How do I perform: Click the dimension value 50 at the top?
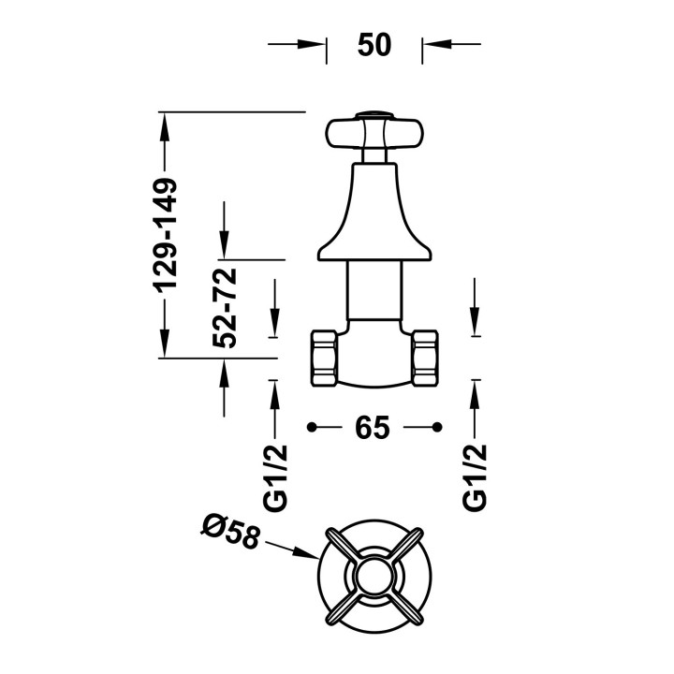coord(374,45)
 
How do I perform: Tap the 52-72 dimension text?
coord(225,308)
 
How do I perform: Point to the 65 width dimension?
coord(373,428)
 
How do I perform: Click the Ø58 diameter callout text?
coord(231,533)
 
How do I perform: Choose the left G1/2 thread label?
coord(275,478)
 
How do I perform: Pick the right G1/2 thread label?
coord(475,477)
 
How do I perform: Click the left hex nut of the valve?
coord(324,358)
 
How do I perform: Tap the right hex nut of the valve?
coord(425,358)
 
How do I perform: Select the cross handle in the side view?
coord(374,133)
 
